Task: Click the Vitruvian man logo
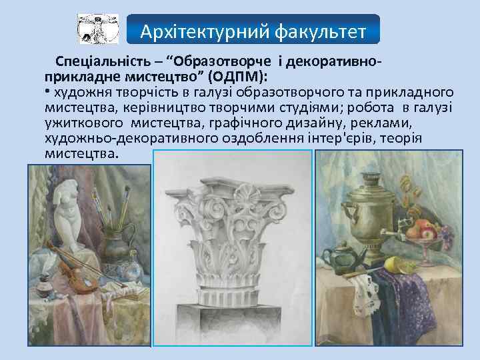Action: pyautogui.click(x=98, y=29)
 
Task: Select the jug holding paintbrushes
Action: pyautogui.click(x=120, y=240)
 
